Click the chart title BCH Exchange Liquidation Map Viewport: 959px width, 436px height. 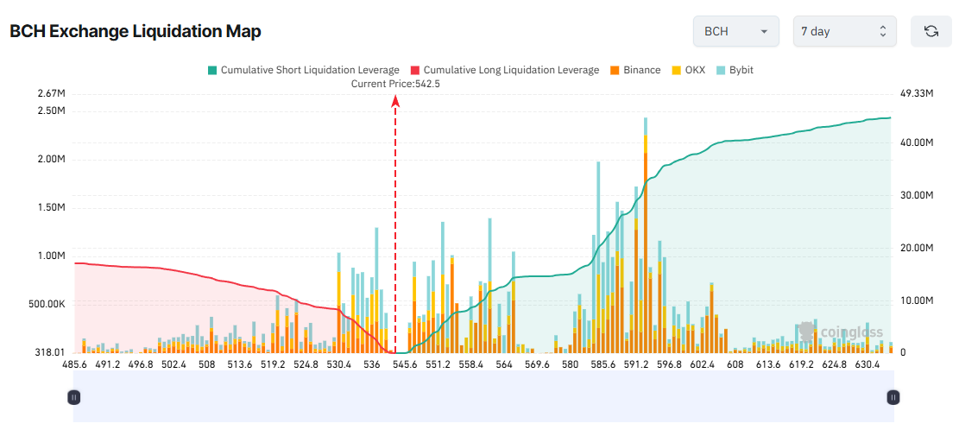136,32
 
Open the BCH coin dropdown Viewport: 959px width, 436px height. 735,31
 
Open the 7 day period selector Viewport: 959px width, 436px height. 844,31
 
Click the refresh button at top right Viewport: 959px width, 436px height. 931,31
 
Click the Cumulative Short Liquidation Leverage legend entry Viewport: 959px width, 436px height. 303,70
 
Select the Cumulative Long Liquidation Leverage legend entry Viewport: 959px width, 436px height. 504,70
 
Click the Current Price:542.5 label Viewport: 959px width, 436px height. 395,84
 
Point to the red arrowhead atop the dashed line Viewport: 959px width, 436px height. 395,101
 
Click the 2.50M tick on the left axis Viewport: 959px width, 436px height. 52,111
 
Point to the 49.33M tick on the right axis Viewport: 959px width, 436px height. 917,93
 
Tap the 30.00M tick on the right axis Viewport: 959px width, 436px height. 917,195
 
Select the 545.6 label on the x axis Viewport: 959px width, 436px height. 405,365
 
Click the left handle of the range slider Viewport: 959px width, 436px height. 74,397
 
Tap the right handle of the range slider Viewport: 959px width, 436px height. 893,397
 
